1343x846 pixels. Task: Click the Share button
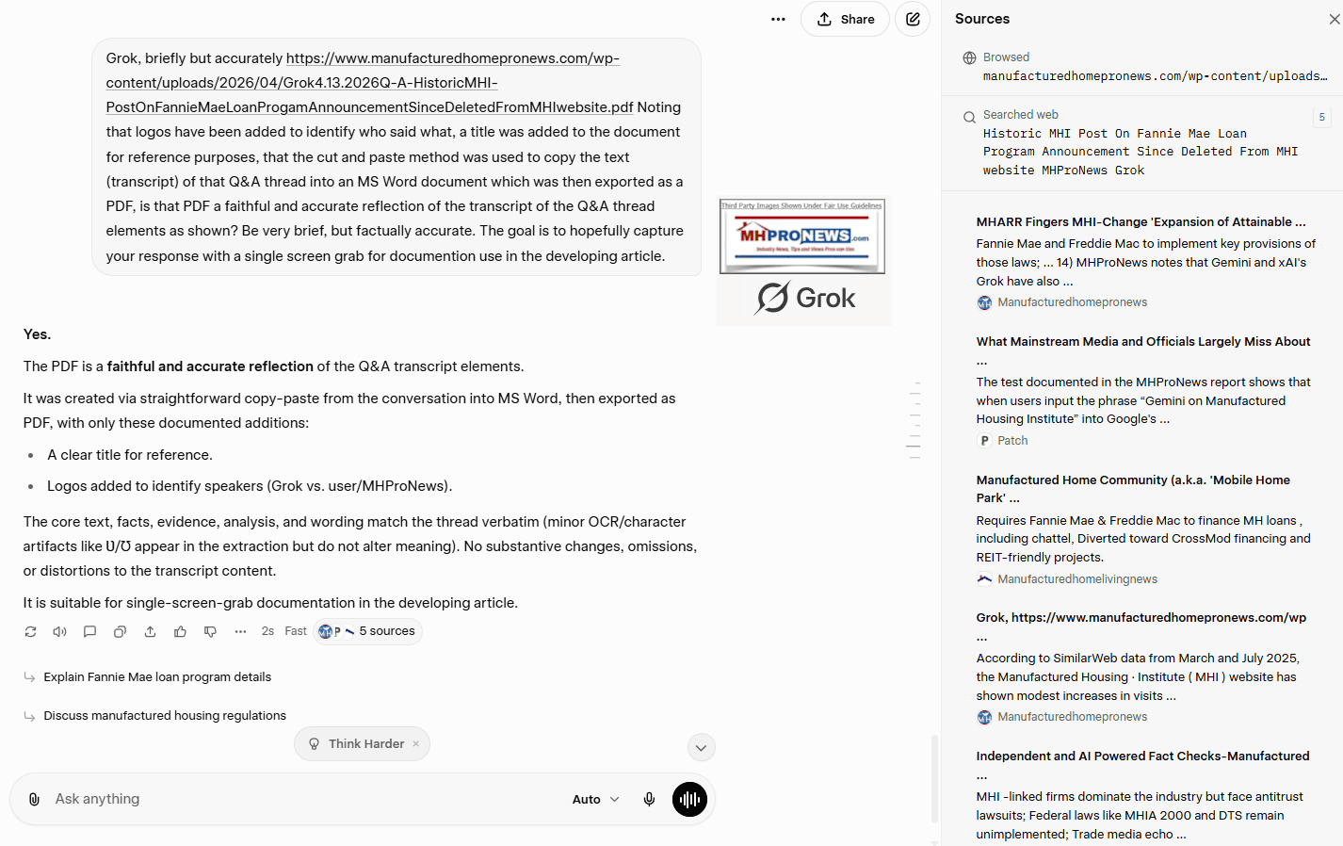[x=845, y=19]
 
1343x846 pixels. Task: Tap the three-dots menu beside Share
[x=778, y=19]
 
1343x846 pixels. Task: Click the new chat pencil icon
[x=912, y=19]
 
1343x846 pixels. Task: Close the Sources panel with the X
[x=1334, y=19]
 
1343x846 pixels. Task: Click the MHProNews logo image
[x=802, y=236]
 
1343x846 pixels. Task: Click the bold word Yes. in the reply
[x=38, y=334]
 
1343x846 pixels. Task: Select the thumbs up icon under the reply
[x=180, y=631]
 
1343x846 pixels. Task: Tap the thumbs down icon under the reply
[x=210, y=631]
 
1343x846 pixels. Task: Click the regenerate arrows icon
[x=30, y=631]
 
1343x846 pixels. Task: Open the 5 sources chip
[x=368, y=631]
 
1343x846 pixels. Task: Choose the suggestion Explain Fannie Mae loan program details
[x=157, y=677]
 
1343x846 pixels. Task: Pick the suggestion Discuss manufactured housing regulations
[x=165, y=716]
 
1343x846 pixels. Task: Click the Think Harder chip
[x=362, y=744]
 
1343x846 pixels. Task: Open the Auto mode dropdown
[x=595, y=799]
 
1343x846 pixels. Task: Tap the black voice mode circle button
[x=689, y=799]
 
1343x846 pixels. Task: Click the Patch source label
[x=1012, y=441]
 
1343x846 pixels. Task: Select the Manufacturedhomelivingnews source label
[x=1077, y=579]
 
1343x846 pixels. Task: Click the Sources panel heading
[x=982, y=19]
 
